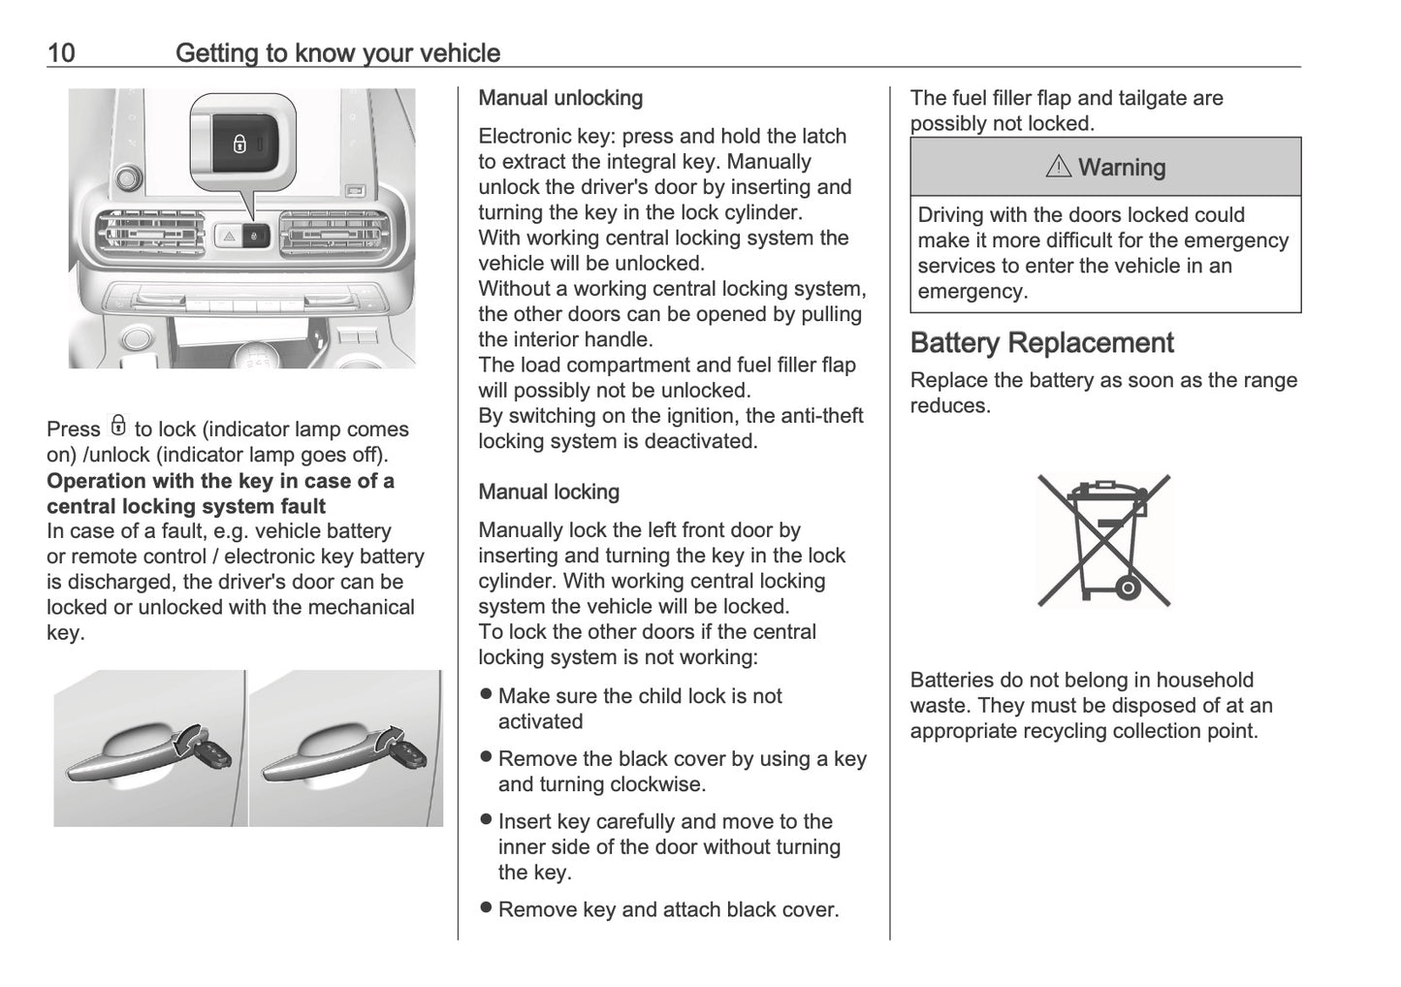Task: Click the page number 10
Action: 61,52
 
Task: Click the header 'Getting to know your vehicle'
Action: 337,52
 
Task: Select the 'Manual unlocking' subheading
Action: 560,98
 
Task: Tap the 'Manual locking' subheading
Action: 549,492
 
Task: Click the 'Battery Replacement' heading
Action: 1041,343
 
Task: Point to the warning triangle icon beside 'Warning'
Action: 1059,167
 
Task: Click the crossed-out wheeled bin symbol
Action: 1104,540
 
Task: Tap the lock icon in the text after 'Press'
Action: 118,427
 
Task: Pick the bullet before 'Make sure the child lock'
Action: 487,695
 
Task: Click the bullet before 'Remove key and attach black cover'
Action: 487,908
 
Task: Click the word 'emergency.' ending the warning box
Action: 972,291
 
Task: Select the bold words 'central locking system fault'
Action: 186,506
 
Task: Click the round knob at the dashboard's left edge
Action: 127,177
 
